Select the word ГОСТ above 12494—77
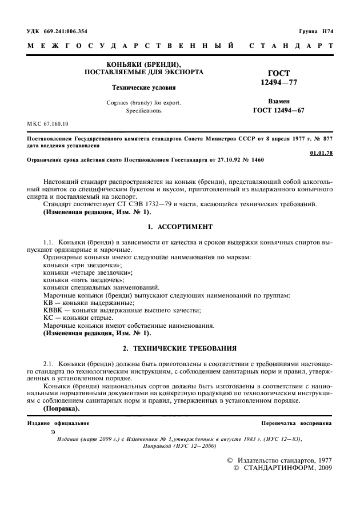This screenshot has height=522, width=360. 279,74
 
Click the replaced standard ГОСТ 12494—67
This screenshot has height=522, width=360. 279,110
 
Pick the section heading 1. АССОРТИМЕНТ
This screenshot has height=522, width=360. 180,226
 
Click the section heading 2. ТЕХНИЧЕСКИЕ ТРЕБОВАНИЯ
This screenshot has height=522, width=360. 180,348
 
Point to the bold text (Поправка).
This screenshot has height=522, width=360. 62,409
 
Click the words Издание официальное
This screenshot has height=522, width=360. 58,423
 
